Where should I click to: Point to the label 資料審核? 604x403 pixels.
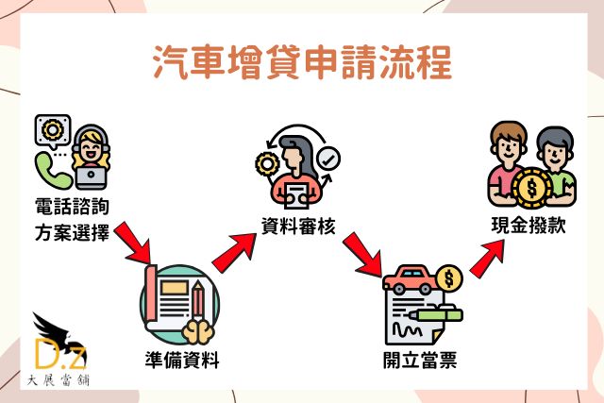[298, 226]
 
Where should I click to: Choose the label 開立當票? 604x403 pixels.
[420, 360]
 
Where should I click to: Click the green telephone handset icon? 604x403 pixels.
[49, 170]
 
